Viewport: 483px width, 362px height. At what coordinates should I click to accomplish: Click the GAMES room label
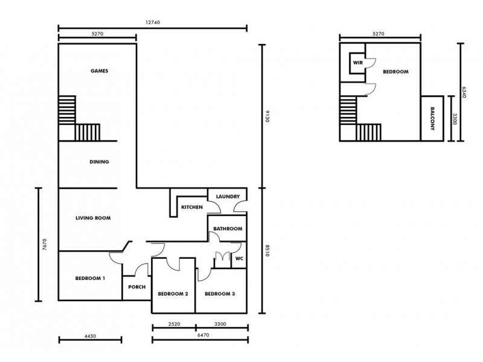pyautogui.click(x=99, y=71)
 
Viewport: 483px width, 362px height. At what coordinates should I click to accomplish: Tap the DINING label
pyautogui.click(x=99, y=162)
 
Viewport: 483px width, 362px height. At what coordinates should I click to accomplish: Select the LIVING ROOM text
pyautogui.click(x=93, y=218)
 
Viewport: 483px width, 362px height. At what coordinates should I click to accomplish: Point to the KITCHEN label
pyautogui.click(x=192, y=208)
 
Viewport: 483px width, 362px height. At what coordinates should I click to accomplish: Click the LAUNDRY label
pyautogui.click(x=228, y=197)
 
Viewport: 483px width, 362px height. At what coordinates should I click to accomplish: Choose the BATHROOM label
pyautogui.click(x=228, y=229)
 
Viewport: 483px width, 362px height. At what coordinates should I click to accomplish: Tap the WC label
pyautogui.click(x=239, y=259)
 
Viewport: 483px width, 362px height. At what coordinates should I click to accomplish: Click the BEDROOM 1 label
pyautogui.click(x=91, y=278)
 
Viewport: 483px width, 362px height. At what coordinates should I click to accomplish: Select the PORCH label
pyautogui.click(x=137, y=287)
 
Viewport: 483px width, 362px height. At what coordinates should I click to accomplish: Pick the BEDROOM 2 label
pyautogui.click(x=173, y=294)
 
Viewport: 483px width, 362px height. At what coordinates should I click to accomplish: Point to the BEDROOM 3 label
pyautogui.click(x=220, y=294)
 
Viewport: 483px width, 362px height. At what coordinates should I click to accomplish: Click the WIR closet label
pyautogui.click(x=357, y=62)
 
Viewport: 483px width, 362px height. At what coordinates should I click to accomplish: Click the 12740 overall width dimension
pyautogui.click(x=152, y=22)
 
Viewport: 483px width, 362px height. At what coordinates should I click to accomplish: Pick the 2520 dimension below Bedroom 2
pyautogui.click(x=174, y=324)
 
